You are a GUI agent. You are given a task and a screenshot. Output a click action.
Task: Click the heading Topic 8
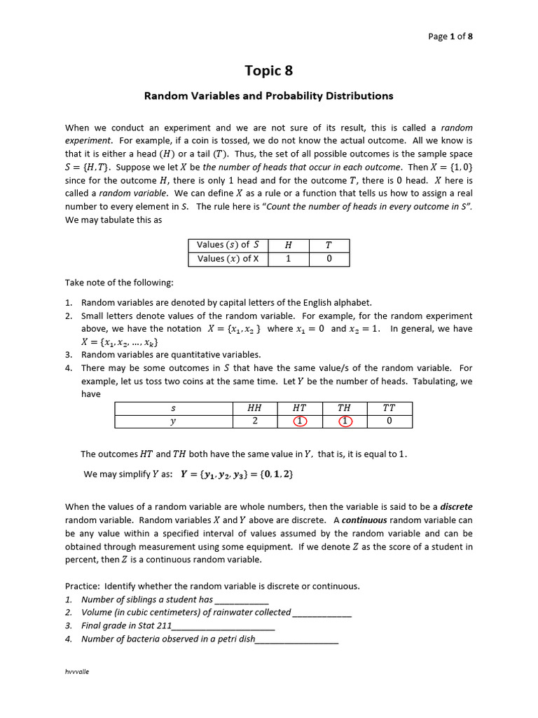268,70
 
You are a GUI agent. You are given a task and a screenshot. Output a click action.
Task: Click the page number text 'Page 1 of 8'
454,36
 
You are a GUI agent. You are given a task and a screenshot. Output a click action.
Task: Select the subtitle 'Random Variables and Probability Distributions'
268,96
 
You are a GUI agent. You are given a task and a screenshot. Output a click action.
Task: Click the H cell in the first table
288,245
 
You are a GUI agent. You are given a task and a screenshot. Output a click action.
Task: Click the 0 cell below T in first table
329,259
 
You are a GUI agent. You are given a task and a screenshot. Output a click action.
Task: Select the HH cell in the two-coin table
254,407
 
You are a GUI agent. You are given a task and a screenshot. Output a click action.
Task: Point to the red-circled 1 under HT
300,421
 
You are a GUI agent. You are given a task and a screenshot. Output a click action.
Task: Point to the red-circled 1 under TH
344,421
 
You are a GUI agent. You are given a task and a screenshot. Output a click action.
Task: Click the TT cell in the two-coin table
389,407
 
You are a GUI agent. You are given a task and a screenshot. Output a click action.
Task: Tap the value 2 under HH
254,421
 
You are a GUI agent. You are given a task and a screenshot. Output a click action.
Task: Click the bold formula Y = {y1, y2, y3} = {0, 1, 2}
237,474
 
